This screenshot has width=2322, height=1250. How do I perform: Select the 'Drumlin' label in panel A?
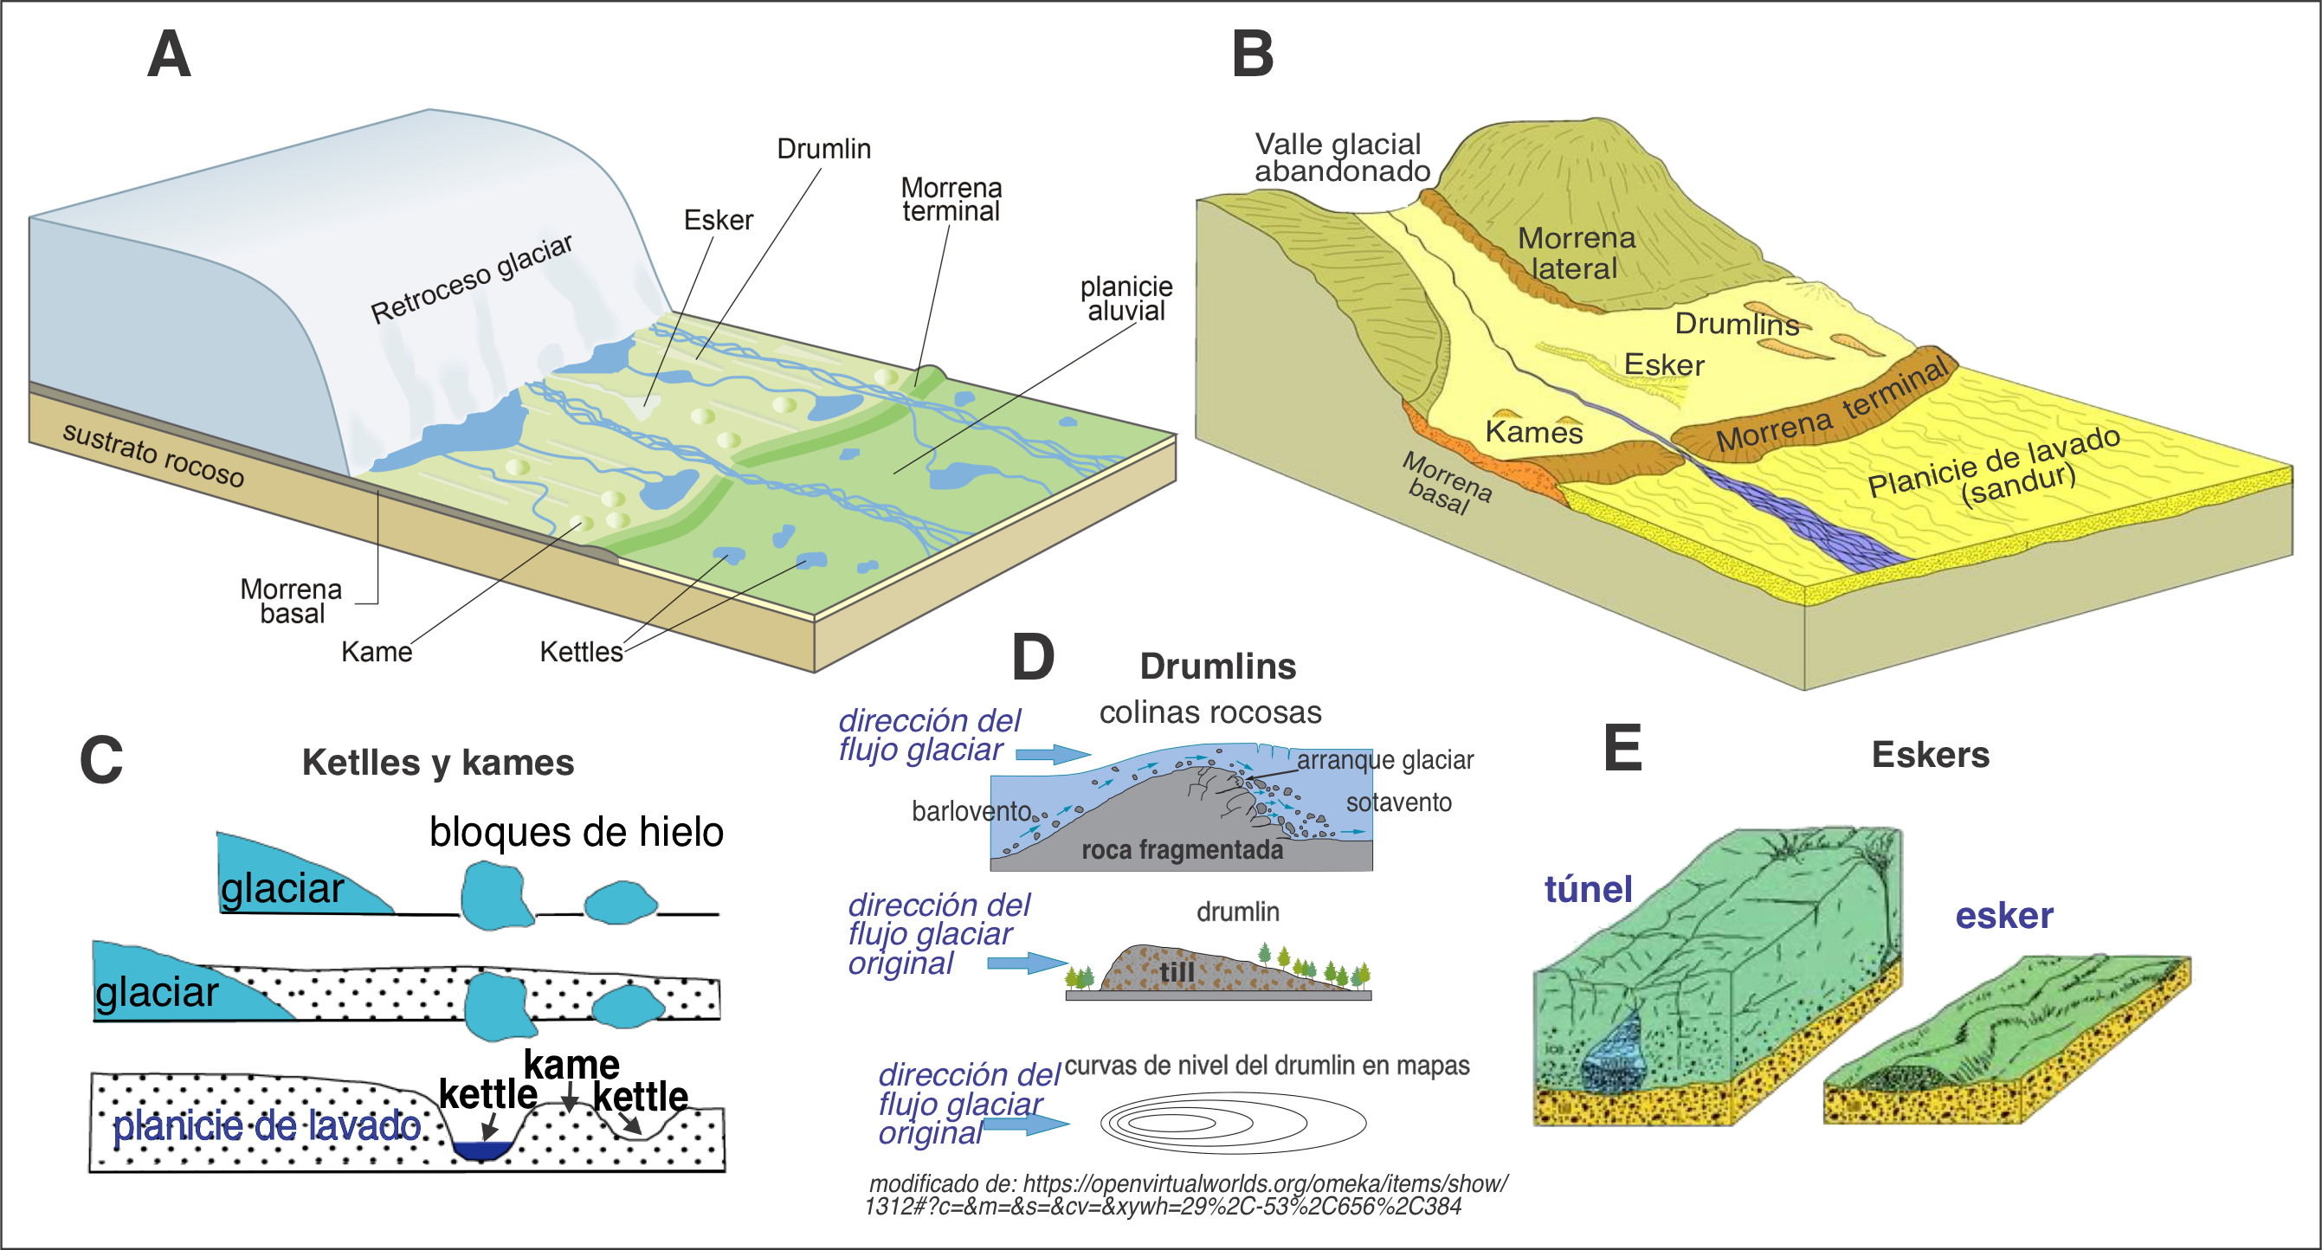coord(823,149)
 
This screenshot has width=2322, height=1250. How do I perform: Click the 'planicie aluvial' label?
coord(1126,299)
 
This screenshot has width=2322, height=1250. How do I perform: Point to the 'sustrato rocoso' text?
coord(153,455)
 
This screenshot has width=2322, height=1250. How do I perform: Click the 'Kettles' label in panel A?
coord(580,652)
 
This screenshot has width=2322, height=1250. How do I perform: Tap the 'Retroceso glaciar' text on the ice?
coord(472,280)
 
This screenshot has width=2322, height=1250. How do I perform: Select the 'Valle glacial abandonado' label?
coord(1340,158)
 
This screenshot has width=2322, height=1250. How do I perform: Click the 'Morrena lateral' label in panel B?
coord(1576,254)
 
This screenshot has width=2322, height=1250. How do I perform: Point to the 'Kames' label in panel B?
coord(1533,433)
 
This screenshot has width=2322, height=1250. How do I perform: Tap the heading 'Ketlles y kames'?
coord(438,763)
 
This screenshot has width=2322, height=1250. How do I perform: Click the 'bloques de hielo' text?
coord(576,831)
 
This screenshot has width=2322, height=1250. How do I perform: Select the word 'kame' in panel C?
coord(571,1066)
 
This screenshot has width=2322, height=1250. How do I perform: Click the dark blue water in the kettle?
coord(481,1150)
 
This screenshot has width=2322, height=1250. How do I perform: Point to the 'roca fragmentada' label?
coord(1181,850)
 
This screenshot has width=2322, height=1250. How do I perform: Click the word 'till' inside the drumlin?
coord(1177,971)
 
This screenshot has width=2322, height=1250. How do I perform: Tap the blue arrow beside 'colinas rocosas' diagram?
coord(1053,753)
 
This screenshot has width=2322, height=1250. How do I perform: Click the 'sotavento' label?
coord(1398,802)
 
